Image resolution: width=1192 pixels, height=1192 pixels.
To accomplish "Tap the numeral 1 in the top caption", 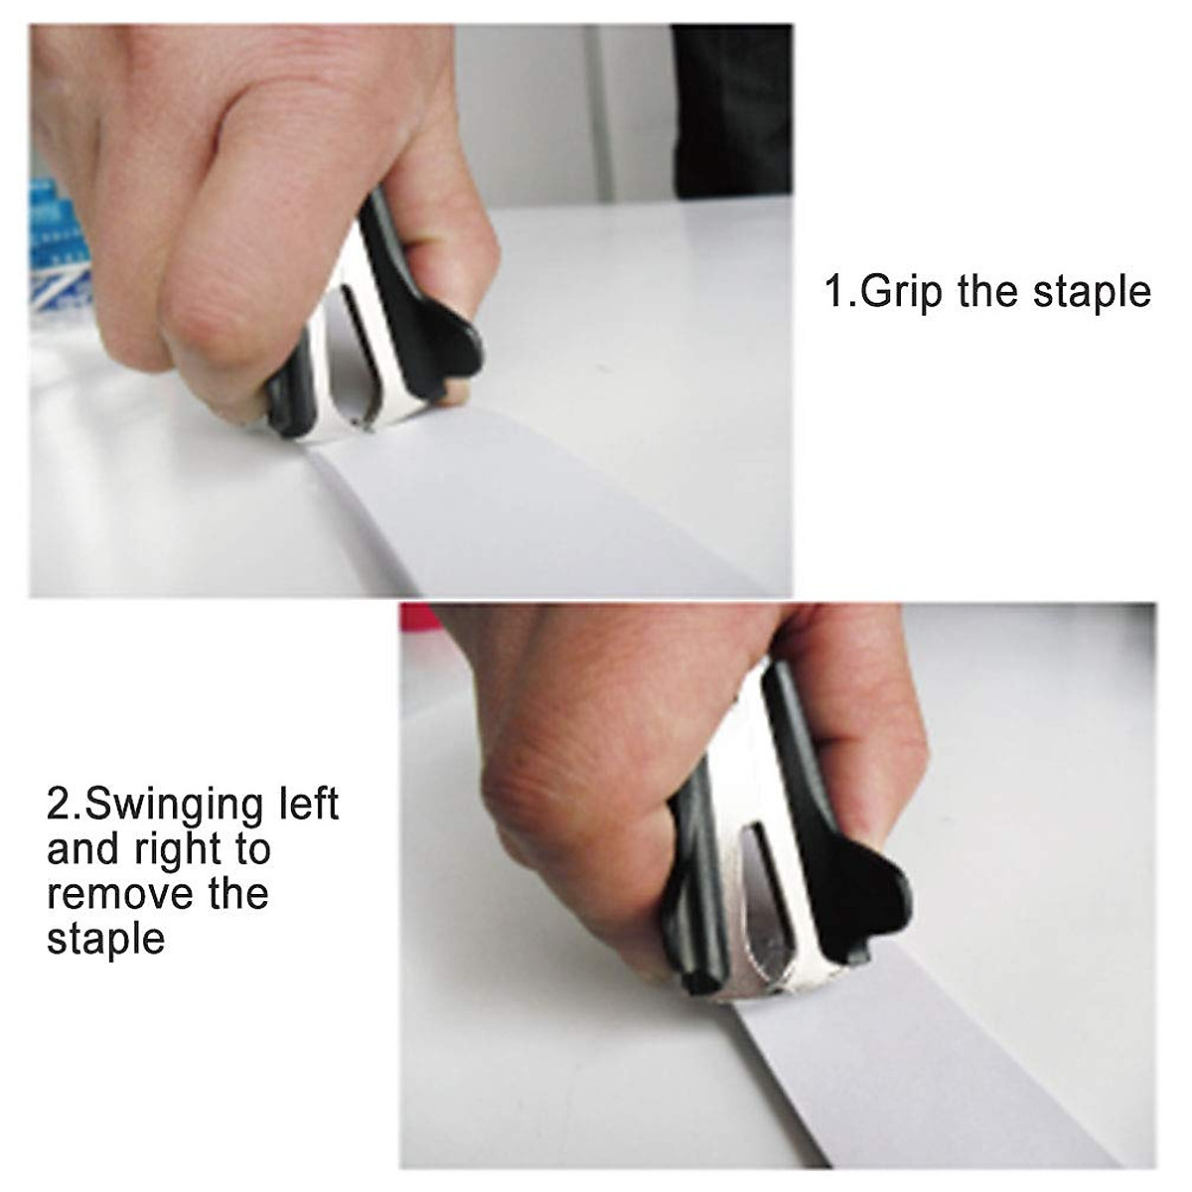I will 833,293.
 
